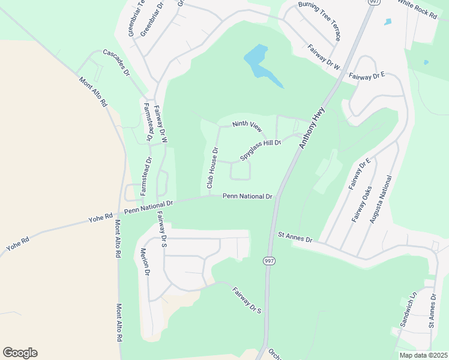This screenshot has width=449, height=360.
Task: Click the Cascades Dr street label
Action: [116, 62]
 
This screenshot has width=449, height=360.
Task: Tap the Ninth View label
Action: [248, 127]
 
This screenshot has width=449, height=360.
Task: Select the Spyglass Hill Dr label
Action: [261, 149]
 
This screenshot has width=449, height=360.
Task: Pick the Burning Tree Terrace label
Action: [320, 21]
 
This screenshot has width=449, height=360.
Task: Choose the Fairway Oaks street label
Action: [363, 205]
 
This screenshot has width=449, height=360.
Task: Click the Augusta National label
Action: [381, 200]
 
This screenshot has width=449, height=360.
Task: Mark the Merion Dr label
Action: [143, 262]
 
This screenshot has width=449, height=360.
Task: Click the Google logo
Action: [20, 353]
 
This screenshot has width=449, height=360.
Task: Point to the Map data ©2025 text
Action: [423, 355]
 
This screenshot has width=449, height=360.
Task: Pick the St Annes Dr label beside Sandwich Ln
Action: [432, 311]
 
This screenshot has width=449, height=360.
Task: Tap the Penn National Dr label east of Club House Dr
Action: [247, 196]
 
